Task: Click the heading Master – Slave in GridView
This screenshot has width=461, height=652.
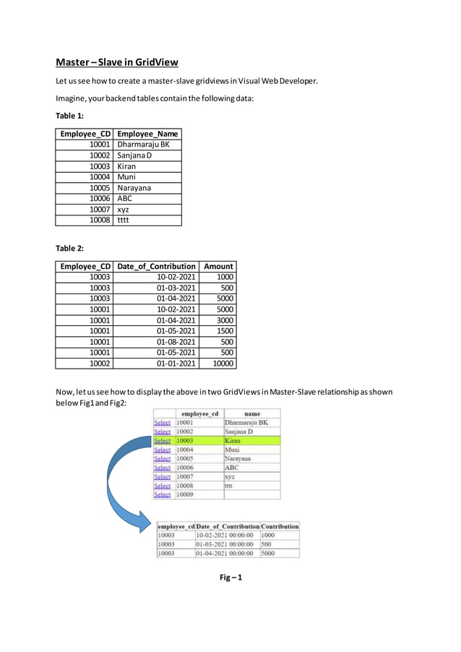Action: click(117, 62)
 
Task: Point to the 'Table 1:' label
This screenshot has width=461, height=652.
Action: click(69, 116)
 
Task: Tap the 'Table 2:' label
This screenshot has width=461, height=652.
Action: click(69, 248)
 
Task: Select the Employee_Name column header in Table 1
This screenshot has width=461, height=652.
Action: click(147, 134)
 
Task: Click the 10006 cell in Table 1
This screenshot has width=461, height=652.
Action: click(100, 199)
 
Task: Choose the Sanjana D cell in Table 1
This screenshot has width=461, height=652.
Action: click(134, 155)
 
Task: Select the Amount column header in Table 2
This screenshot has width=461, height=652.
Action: click(218, 266)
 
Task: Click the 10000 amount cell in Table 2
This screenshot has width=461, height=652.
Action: click(220, 364)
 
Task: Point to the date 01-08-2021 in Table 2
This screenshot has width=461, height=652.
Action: click(176, 342)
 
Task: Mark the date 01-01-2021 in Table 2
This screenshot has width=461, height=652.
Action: click(176, 364)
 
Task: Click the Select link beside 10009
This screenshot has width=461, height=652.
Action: click(163, 494)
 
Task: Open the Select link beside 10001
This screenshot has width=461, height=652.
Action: click(163, 423)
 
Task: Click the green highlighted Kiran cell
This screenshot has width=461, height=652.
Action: click(251, 440)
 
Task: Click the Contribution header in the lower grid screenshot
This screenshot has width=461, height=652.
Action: click(280, 526)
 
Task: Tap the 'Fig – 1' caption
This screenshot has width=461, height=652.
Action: click(231, 577)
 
